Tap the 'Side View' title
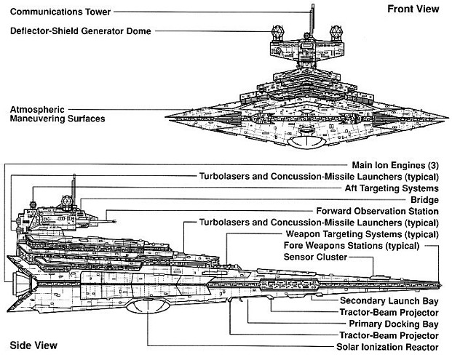click(28, 345)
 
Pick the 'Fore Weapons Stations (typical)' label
click(361, 246)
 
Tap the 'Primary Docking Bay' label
click(394, 324)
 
